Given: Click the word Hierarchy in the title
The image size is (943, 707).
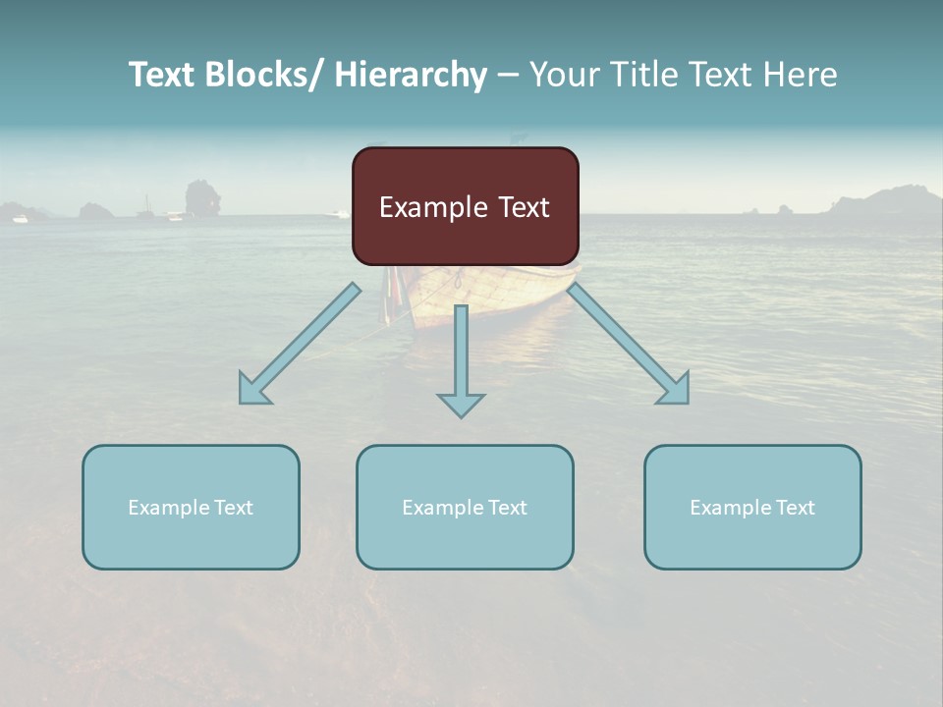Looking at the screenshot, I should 411,75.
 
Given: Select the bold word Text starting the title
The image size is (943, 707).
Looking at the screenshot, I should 162,75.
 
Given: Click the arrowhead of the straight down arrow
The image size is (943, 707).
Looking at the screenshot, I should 461,404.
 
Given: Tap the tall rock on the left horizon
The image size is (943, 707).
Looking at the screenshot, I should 203,197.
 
